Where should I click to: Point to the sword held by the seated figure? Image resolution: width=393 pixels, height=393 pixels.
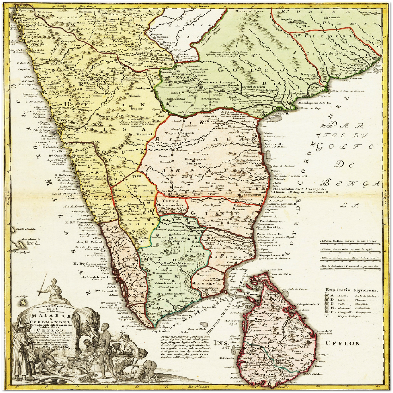(41, 289)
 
